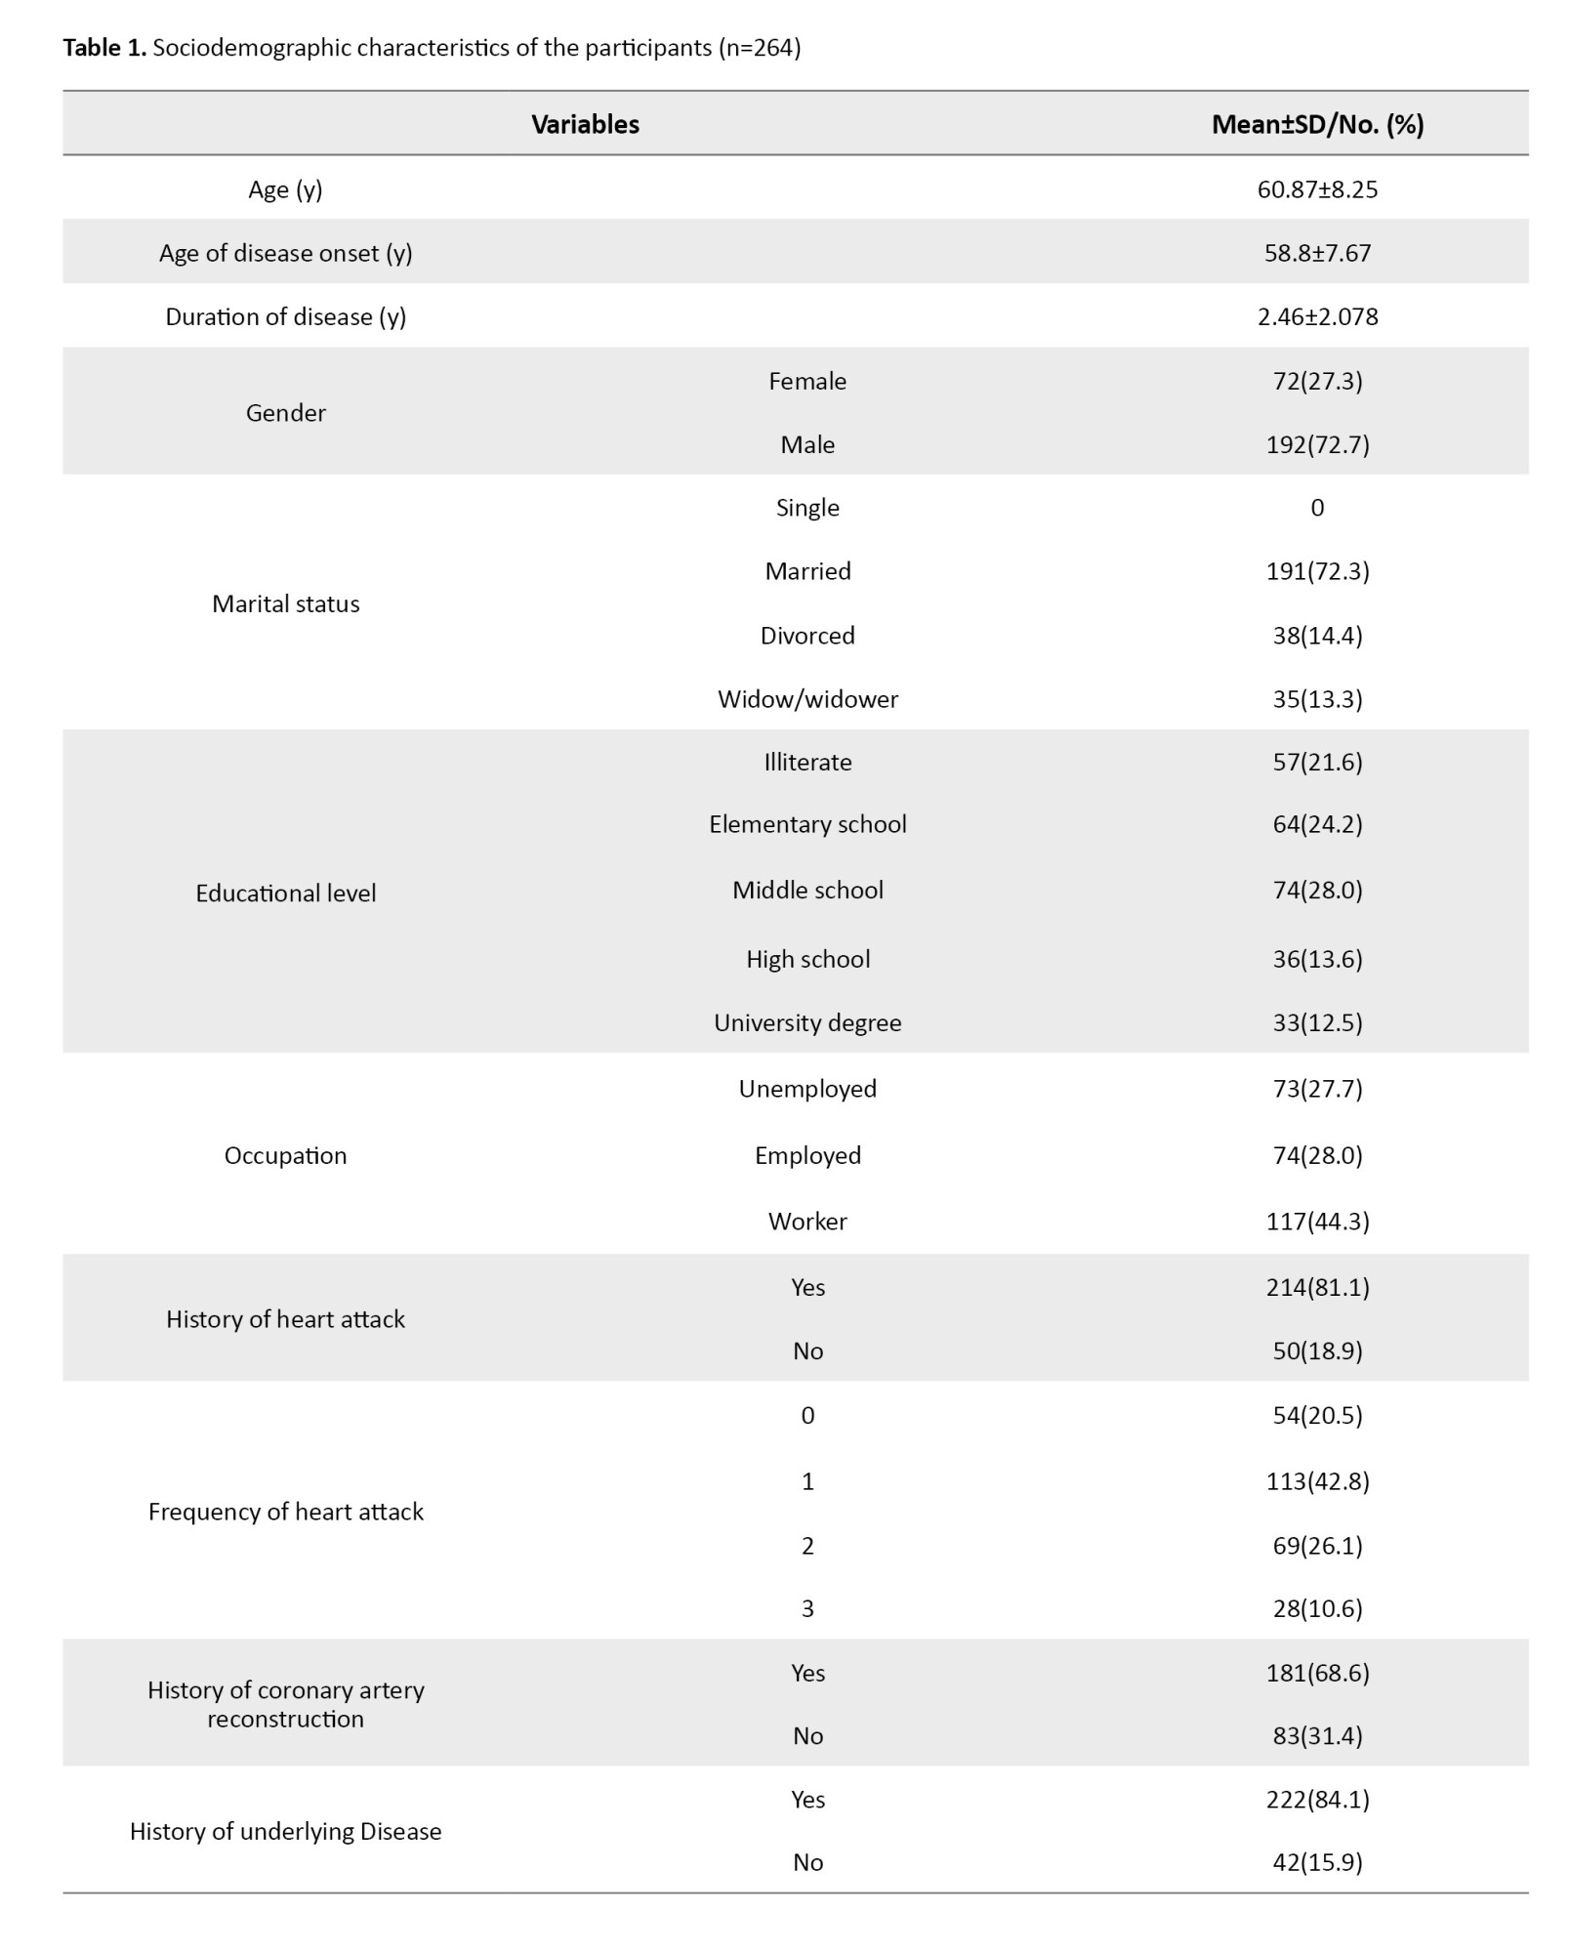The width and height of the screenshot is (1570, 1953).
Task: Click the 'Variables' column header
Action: (x=585, y=124)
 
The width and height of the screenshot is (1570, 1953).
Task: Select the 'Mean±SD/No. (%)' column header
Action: (x=1317, y=124)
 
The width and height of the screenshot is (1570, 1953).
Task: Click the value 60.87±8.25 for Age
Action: (x=1317, y=189)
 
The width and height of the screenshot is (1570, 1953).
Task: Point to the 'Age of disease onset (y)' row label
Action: (x=285, y=253)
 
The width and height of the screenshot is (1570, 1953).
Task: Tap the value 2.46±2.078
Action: (x=1317, y=316)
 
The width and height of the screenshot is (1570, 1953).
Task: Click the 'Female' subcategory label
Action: (x=807, y=381)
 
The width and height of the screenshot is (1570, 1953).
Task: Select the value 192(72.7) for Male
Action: (x=1317, y=444)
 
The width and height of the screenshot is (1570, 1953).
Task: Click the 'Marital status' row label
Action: (x=285, y=603)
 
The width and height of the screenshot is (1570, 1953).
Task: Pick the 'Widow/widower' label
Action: (x=807, y=698)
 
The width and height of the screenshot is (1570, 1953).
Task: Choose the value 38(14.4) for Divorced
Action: (x=1317, y=635)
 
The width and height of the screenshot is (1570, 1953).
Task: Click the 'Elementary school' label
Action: (x=807, y=824)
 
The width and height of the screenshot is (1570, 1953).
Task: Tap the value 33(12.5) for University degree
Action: (x=1317, y=1022)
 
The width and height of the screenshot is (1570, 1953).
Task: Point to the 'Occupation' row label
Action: (x=285, y=1155)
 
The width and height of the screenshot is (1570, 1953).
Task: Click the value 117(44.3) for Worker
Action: (x=1317, y=1221)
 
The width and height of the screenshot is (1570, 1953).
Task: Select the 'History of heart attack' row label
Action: (x=285, y=1319)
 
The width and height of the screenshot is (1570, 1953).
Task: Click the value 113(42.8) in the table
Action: (x=1317, y=1481)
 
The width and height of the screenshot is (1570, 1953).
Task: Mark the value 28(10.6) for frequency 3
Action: (x=1317, y=1608)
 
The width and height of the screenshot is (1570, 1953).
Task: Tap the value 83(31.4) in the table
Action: (x=1317, y=1735)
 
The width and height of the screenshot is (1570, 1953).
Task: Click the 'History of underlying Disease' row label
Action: (x=285, y=1831)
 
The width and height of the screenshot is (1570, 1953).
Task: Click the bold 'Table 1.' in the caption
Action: (x=104, y=48)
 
